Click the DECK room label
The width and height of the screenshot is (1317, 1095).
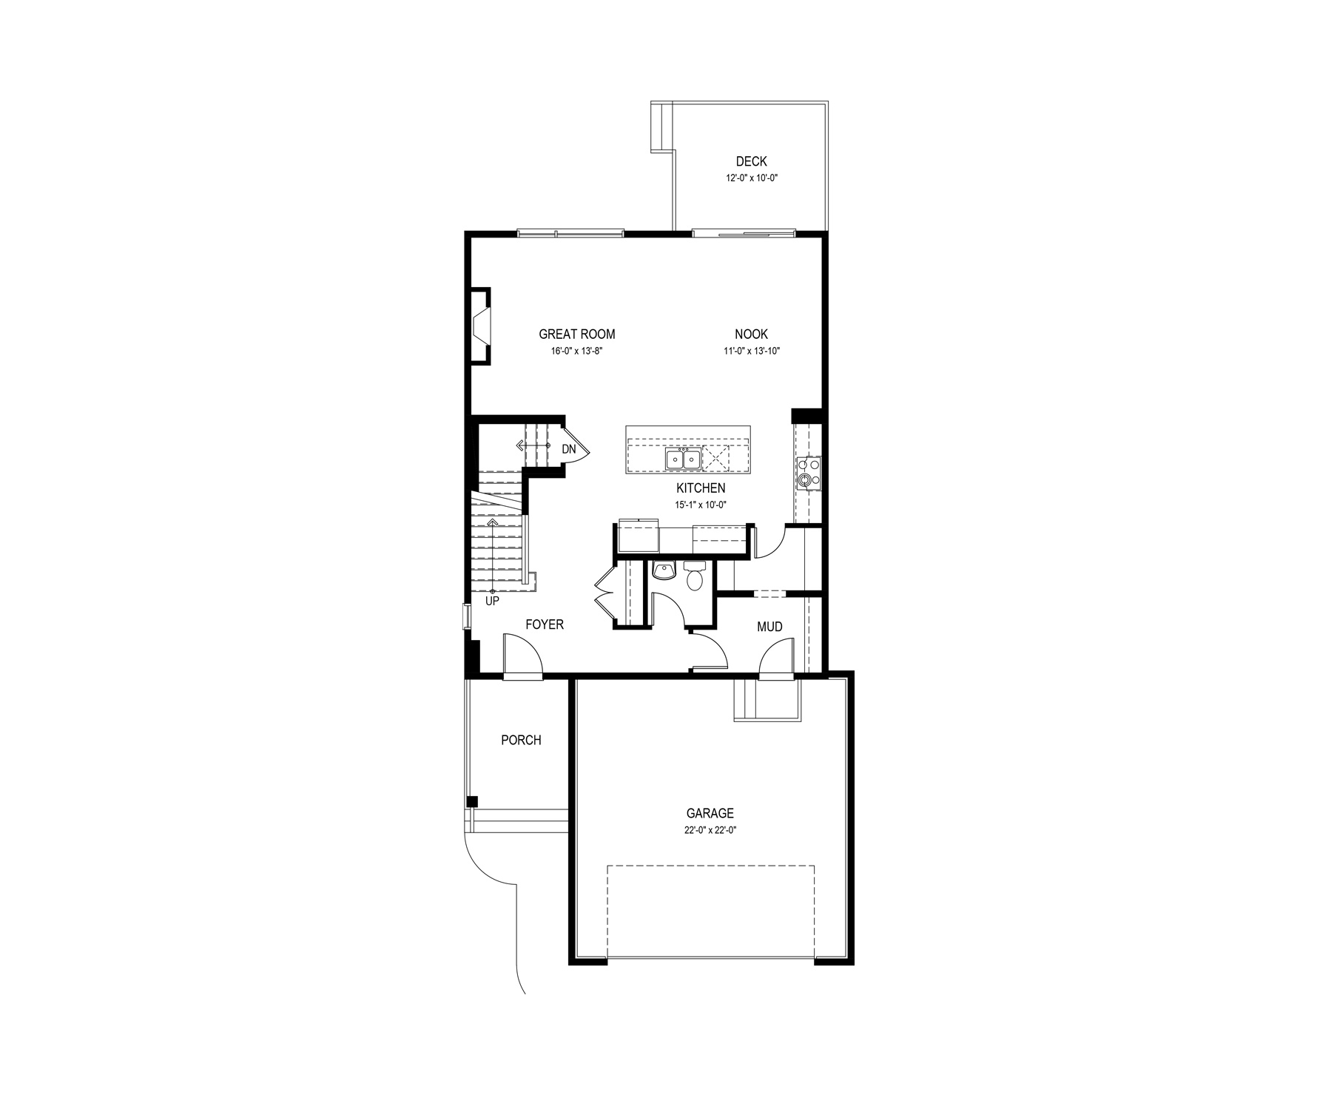click(x=751, y=161)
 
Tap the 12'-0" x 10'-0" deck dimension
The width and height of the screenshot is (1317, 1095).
click(x=751, y=178)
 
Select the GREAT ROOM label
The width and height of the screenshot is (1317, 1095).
click(x=577, y=334)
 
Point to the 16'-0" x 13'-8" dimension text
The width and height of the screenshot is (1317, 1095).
click(x=577, y=351)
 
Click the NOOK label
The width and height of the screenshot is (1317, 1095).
click(x=751, y=334)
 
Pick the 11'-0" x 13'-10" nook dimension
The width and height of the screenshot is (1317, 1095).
click(x=752, y=351)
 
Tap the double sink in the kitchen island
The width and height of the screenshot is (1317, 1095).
click(x=683, y=459)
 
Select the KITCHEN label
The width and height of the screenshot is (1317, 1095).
click(x=701, y=488)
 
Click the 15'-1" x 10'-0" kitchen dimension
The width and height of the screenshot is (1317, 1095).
click(x=701, y=505)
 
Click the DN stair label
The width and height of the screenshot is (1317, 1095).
click(x=568, y=449)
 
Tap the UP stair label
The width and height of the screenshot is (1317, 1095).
click(x=492, y=602)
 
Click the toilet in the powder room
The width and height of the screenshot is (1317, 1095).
click(x=695, y=576)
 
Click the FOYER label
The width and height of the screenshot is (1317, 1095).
click(x=545, y=624)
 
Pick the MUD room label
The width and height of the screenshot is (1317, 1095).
click(x=769, y=627)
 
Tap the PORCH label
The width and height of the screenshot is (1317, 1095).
click(x=521, y=740)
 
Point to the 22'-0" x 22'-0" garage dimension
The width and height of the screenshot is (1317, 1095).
click(x=710, y=830)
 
